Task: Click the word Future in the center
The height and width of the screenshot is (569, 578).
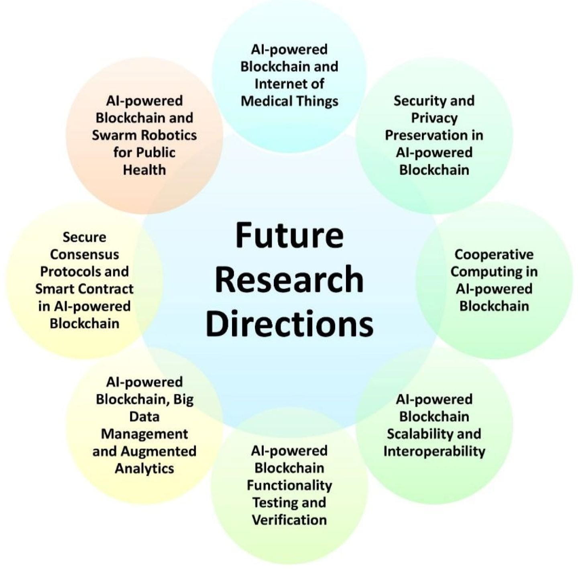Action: pyautogui.click(x=289, y=235)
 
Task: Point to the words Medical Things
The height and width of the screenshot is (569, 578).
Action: pyautogui.click(x=289, y=101)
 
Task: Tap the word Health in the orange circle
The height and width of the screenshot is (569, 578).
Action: pyautogui.click(x=144, y=169)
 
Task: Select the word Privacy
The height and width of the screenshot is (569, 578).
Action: pyautogui.click(x=434, y=118)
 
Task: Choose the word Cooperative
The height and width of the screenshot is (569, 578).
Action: pyautogui.click(x=494, y=254)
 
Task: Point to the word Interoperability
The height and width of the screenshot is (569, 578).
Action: pyautogui.click(x=434, y=451)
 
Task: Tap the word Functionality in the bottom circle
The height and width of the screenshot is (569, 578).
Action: pyautogui.click(x=289, y=485)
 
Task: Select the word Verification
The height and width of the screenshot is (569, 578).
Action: pyautogui.click(x=289, y=520)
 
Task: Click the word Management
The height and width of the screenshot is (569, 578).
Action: pyautogui.click(x=144, y=434)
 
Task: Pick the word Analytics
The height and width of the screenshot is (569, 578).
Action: pyautogui.click(x=144, y=468)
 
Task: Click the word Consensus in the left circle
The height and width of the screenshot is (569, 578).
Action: pyautogui.click(x=84, y=254)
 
